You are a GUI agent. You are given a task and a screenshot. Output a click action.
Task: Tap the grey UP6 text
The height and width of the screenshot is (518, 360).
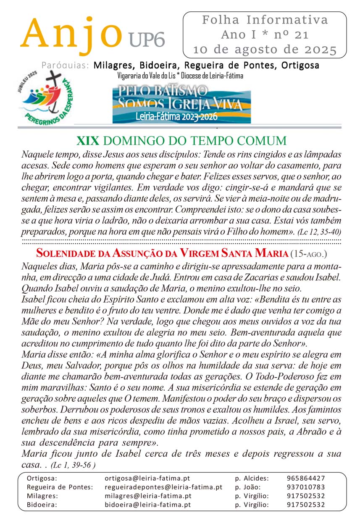tap(147, 40)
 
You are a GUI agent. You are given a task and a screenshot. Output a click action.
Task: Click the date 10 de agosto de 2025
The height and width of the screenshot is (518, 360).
tap(265, 50)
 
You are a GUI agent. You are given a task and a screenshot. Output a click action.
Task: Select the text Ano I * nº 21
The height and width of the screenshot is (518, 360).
tap(265, 35)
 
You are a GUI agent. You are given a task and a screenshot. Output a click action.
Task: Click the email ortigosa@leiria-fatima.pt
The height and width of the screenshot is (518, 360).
tap(148, 478)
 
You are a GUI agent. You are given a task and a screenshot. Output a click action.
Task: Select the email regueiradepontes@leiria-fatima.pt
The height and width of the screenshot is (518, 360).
tap(163, 487)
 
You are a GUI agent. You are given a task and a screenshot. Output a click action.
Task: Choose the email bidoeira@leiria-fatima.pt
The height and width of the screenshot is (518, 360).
tap(148, 505)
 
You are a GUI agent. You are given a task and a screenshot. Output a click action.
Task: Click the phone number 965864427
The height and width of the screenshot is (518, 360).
tap(306, 478)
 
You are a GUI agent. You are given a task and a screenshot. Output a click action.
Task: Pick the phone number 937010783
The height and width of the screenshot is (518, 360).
tap(306, 487)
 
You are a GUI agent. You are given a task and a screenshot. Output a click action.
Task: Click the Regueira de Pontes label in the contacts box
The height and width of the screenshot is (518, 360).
tap(60, 487)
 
